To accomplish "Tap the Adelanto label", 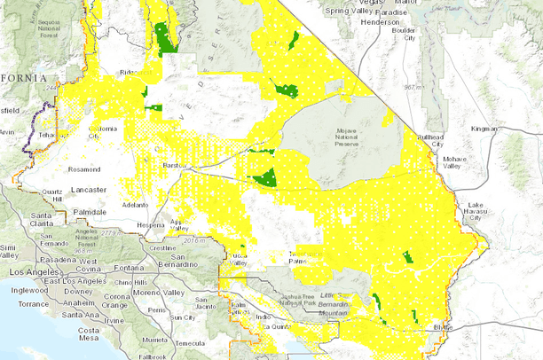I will click(135, 203).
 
